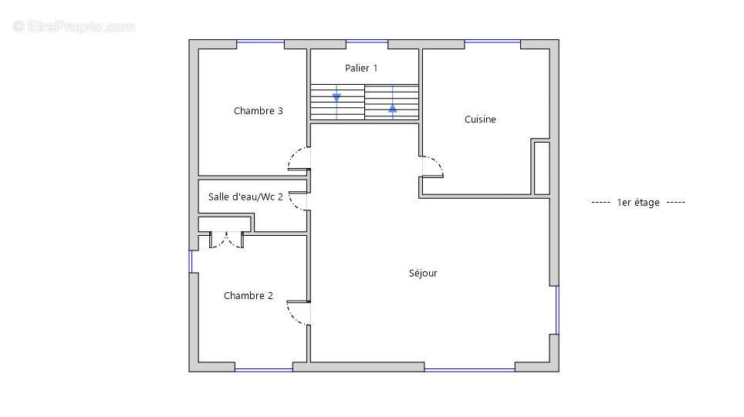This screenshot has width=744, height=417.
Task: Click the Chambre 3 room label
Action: [258, 111]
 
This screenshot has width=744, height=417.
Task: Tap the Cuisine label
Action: [480, 119]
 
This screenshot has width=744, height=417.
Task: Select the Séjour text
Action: [423, 273]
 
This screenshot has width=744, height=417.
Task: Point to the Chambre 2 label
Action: [249, 296]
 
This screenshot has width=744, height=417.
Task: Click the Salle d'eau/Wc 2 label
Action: [245, 197]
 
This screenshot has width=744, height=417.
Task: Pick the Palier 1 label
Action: [361, 69]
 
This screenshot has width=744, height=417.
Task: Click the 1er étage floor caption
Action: [638, 203]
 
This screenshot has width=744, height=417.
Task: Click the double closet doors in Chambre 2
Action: [227, 240]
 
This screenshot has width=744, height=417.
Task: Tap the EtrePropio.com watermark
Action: [74, 26]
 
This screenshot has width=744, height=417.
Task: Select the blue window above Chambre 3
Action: [261, 42]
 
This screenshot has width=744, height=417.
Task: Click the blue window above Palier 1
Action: [367, 42]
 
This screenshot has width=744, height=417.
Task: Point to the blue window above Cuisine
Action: [492, 42]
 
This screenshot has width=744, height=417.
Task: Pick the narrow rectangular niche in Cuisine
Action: [541, 168]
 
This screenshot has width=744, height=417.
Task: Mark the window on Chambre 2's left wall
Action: [191, 261]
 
